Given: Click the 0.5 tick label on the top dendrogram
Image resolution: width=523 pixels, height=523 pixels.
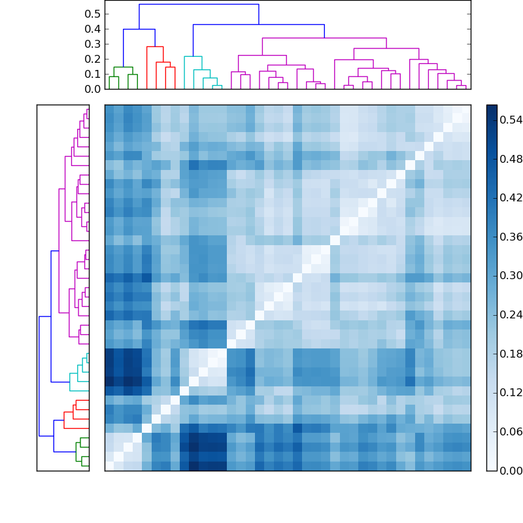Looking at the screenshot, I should [x=93, y=14].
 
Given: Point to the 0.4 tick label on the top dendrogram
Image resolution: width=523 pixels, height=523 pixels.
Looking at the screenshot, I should [x=93, y=29].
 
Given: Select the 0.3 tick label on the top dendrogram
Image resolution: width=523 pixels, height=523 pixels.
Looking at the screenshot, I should [x=93, y=44].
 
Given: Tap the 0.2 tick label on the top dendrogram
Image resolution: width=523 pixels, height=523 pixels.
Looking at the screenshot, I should [x=93, y=59].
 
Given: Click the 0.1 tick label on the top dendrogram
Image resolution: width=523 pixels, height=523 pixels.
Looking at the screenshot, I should [x=93, y=74].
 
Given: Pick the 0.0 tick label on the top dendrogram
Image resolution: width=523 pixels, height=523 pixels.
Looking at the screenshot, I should [x=93, y=89].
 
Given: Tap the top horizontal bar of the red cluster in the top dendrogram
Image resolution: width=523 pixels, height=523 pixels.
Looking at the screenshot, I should [x=155, y=46].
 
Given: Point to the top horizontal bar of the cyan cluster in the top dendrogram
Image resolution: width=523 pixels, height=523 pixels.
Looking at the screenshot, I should [x=193, y=56].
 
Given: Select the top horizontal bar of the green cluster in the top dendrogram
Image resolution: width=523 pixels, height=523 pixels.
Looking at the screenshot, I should [x=123, y=67].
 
